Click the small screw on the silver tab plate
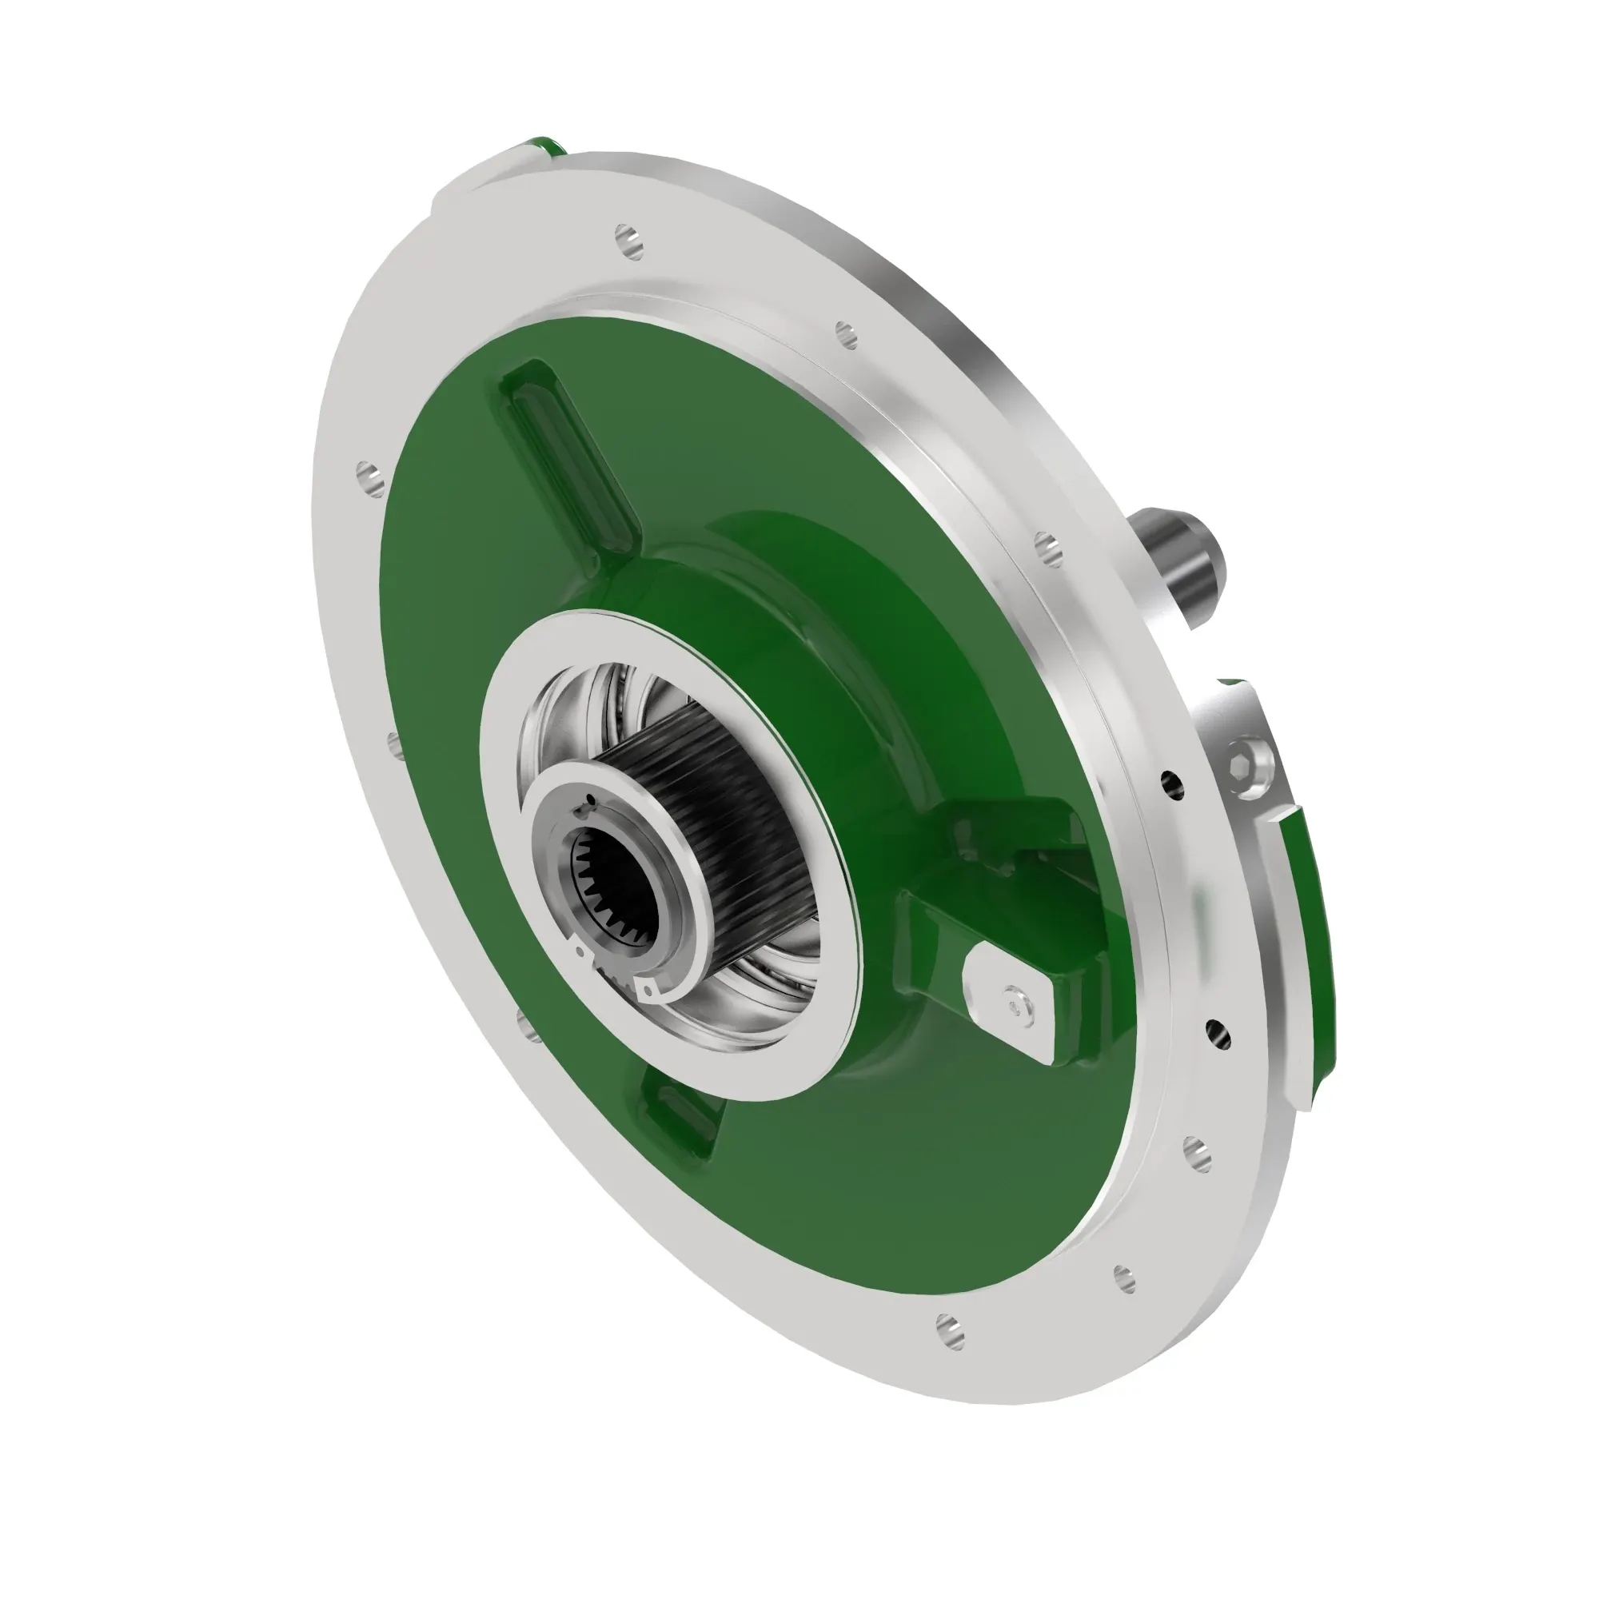pyautogui.click(x=1012, y=1003)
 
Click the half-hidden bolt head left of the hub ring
pyautogui.click(x=394, y=739)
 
